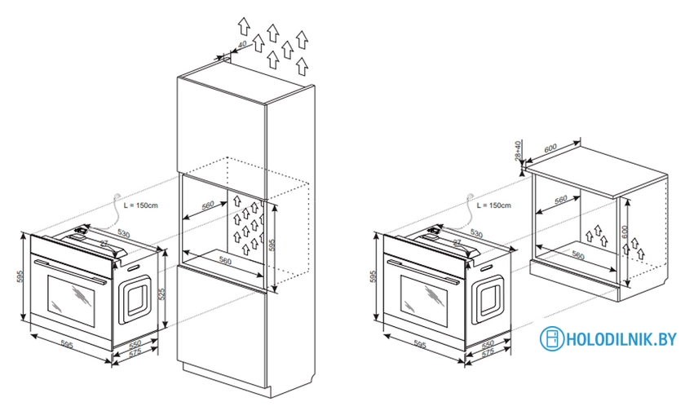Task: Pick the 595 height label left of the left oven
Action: pos(20,278)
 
